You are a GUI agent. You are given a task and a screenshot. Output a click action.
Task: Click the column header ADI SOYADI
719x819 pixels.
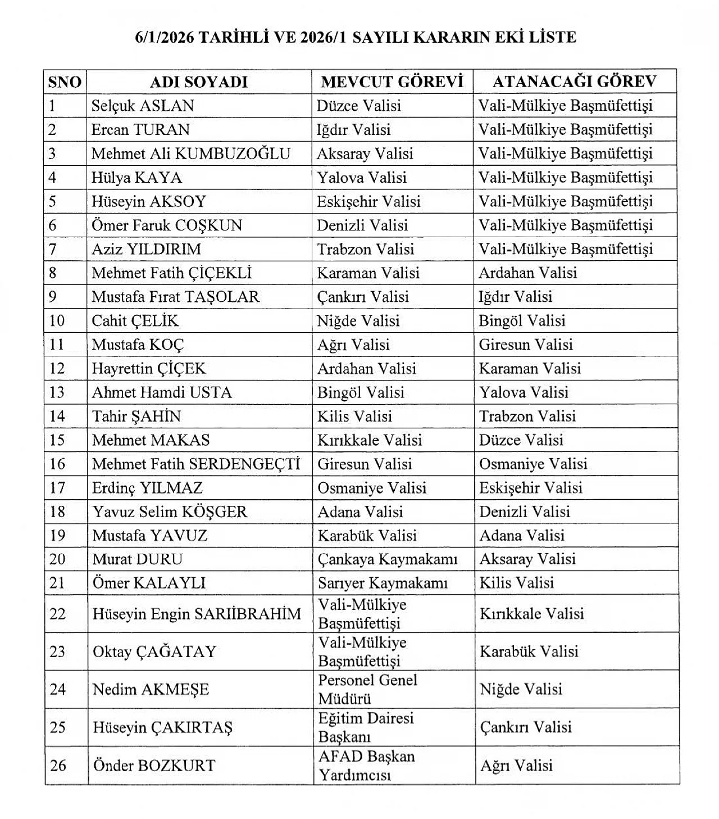199,82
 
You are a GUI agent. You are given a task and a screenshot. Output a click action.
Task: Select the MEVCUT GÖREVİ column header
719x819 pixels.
392,82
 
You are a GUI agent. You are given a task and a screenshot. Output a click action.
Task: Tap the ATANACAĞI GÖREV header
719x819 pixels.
574,82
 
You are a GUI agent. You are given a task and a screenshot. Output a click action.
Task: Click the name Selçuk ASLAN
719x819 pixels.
143,106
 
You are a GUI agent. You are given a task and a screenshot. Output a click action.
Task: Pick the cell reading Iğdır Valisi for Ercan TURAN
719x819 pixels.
353,130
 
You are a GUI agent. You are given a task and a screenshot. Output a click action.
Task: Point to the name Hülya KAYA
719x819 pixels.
136,178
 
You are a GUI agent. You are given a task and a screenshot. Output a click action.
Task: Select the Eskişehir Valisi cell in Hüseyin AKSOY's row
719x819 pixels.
368,201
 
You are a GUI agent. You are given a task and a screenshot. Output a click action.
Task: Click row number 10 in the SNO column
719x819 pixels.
57,321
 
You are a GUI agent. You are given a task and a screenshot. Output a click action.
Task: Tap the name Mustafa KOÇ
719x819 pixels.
138,345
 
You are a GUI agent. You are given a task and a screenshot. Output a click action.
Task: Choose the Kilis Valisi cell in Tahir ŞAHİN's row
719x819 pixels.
354,417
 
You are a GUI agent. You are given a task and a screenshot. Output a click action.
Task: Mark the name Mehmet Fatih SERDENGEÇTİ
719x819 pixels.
196,464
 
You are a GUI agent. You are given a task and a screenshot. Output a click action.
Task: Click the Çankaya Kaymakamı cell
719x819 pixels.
388,559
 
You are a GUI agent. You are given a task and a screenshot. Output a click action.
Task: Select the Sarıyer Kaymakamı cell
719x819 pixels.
383,583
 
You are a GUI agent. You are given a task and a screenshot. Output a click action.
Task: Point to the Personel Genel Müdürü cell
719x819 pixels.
367,689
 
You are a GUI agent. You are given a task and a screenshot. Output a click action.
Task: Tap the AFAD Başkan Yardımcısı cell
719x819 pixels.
366,765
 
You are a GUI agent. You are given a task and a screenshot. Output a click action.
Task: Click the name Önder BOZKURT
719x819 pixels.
154,766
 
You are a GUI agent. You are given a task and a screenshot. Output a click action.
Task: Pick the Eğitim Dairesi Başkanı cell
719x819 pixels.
366,727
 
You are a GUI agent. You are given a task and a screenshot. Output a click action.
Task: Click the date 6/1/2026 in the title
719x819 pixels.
164,38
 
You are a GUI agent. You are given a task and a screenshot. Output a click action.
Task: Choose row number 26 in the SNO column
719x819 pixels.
58,766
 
